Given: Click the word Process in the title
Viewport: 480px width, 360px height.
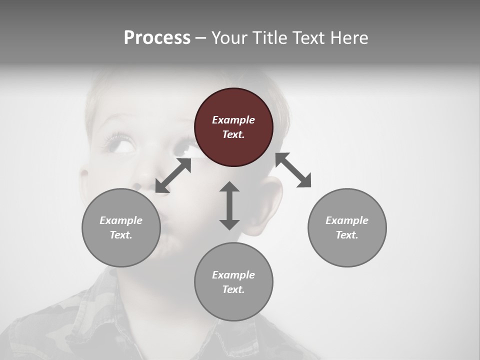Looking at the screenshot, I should point(157,38).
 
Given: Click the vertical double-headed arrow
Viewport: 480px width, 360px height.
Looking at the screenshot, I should point(229,205).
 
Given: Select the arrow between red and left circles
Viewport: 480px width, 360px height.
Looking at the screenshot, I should point(173,175).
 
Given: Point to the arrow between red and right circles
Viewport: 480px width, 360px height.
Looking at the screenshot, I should point(293,170).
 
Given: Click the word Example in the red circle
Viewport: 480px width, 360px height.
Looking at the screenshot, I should point(233,120).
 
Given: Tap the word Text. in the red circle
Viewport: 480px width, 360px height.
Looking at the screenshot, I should point(233,135).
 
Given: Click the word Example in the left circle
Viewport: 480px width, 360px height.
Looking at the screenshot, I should point(121,220).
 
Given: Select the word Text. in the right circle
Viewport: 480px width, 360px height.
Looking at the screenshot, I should point(347,235).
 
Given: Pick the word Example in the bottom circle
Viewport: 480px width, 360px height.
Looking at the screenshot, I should point(233,275).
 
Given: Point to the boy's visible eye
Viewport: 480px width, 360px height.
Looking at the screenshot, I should point(121,143).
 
